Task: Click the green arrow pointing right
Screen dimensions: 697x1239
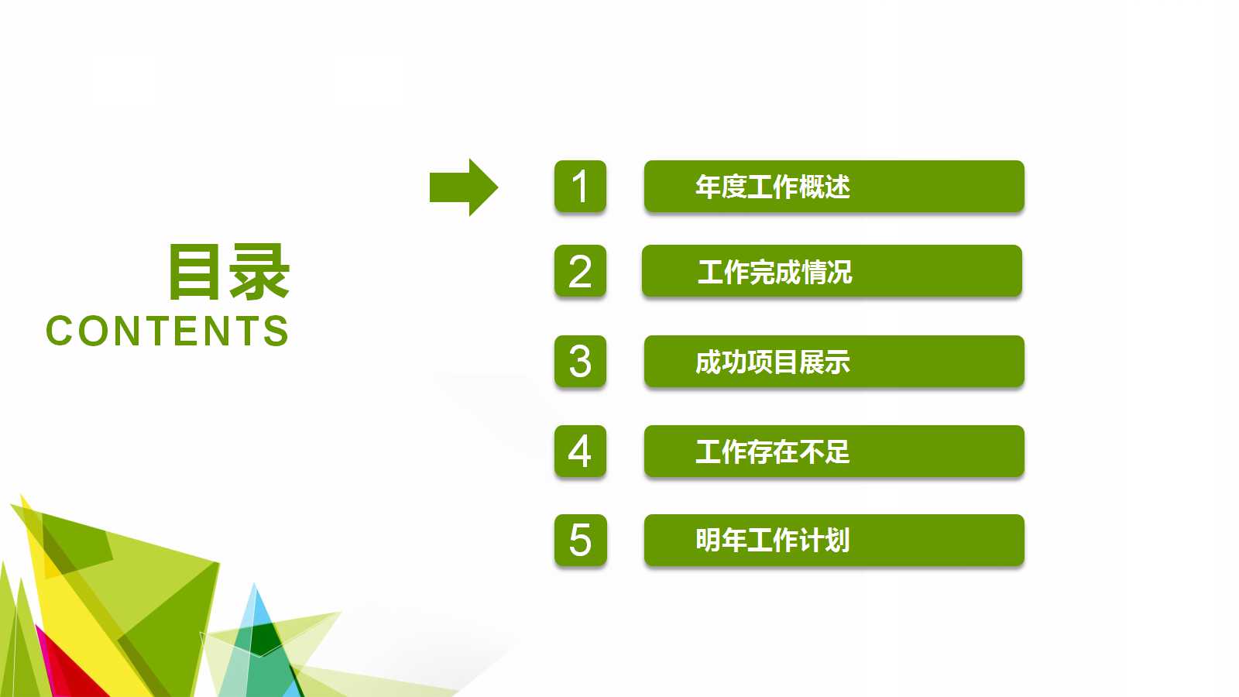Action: coord(463,187)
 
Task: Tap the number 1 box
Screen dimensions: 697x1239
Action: coord(580,187)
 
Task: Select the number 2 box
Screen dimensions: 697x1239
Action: coord(580,271)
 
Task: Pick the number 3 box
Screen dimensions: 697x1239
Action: coord(580,362)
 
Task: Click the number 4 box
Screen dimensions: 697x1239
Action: coord(580,452)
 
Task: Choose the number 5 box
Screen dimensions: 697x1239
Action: coord(580,541)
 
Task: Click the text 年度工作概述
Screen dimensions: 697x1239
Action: coord(772,187)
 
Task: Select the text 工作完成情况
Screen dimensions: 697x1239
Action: coord(774,272)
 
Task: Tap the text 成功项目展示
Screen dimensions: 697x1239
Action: coord(772,362)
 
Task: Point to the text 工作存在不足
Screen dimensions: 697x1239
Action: coord(772,452)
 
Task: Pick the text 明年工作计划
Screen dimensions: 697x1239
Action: coord(772,541)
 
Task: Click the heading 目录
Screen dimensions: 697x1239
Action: coord(228,272)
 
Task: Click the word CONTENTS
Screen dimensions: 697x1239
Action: coord(167,331)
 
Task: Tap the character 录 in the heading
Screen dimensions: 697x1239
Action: coord(259,272)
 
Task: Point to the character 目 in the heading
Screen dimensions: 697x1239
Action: coord(194,272)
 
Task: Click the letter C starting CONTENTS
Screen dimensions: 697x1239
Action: coord(60,331)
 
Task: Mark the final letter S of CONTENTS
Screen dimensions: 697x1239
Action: coord(276,331)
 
